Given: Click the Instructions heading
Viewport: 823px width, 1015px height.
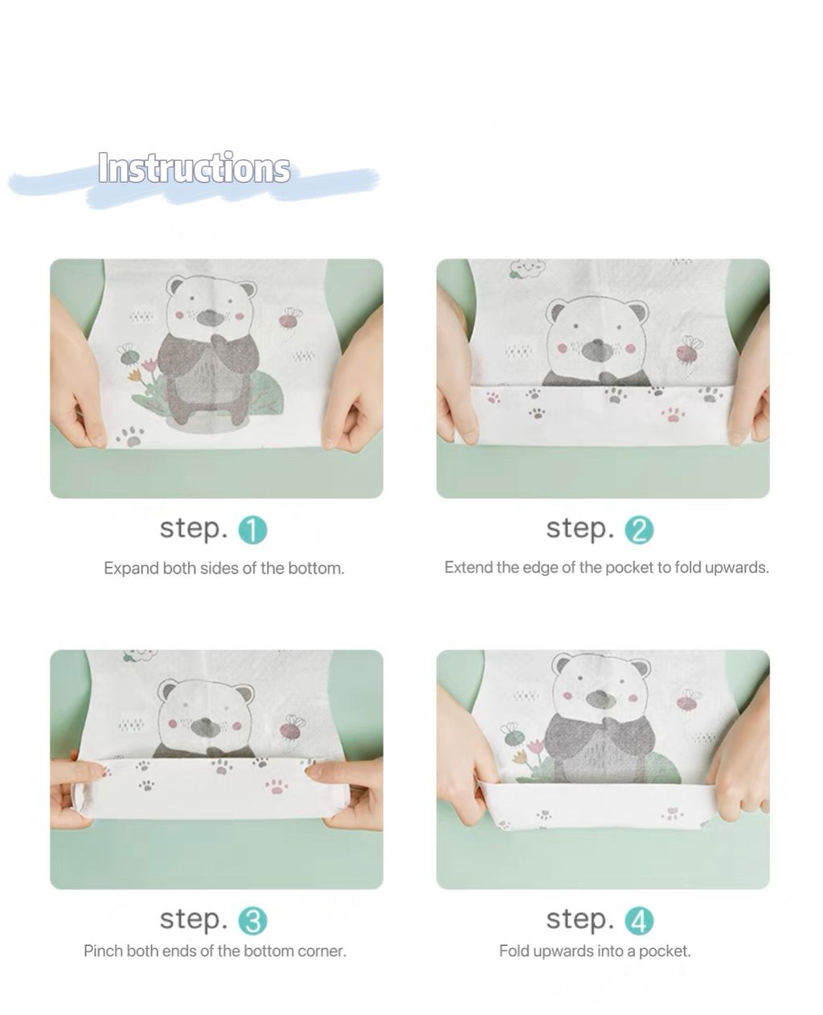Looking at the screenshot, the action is click(x=194, y=168).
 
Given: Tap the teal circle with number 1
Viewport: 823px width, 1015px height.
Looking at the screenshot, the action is click(x=252, y=530).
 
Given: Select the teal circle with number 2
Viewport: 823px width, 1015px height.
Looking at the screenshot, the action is click(x=639, y=530).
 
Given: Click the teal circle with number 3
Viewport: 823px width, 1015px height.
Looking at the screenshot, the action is click(x=252, y=921).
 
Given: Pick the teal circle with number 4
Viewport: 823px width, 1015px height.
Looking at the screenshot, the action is click(x=639, y=921).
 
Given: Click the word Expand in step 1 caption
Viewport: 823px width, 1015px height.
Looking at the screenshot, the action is click(x=132, y=569).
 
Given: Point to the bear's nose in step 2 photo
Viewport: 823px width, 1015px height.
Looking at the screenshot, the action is click(x=597, y=349).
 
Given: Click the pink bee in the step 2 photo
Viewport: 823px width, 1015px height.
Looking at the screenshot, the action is click(x=689, y=351).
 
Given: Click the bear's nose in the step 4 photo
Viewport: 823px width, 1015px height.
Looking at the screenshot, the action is click(x=601, y=698).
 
